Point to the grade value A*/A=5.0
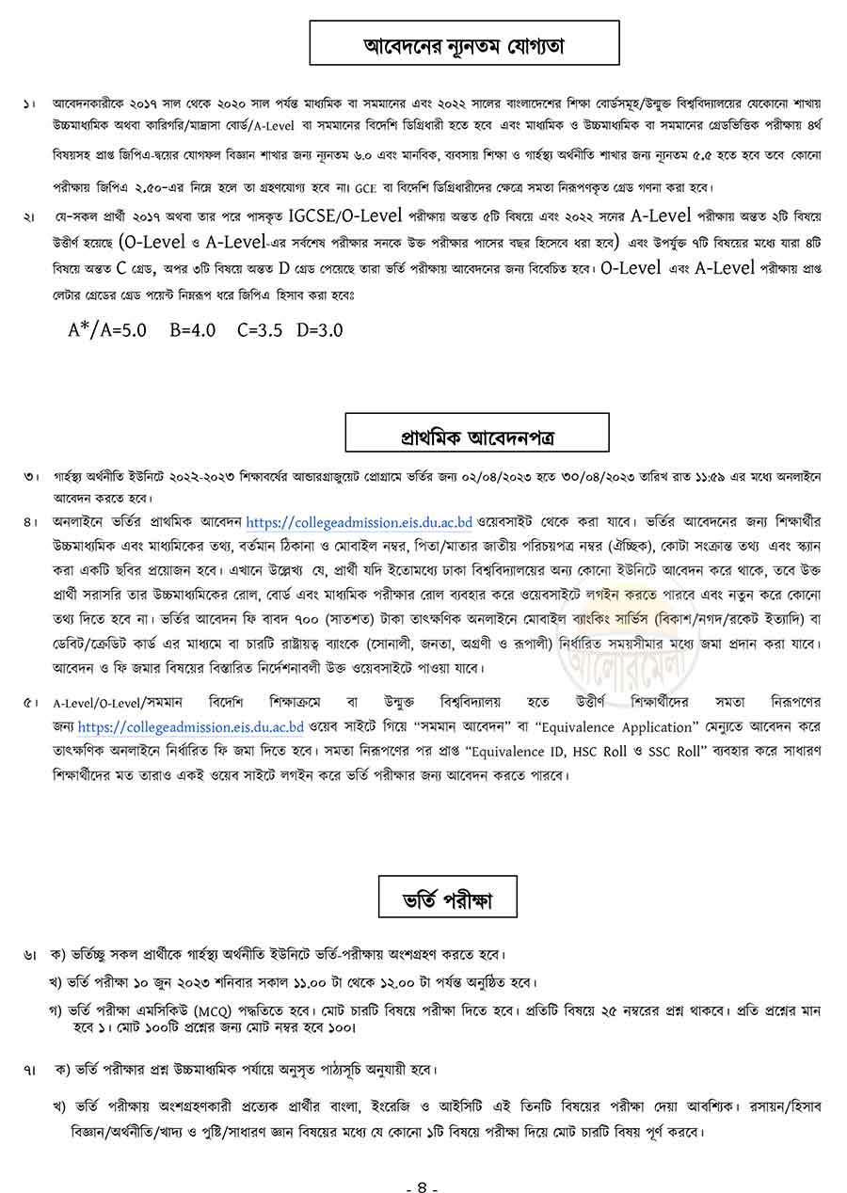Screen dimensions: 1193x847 coord(107,329)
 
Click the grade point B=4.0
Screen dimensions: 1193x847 coord(193,329)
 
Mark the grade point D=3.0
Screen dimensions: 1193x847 coord(320,329)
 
